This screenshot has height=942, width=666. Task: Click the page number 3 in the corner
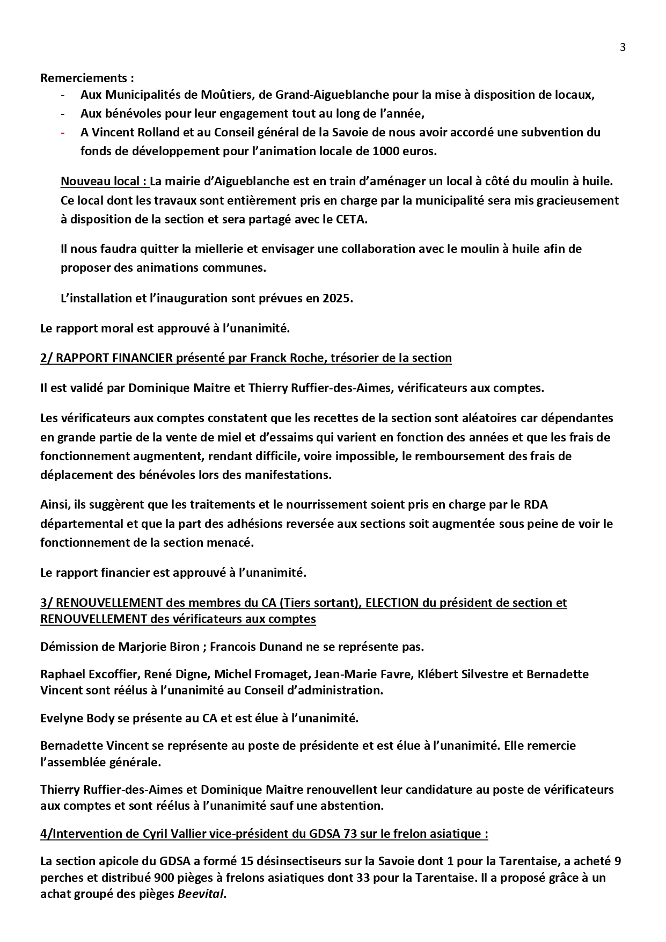click(623, 47)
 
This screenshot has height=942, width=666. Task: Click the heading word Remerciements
click(83, 78)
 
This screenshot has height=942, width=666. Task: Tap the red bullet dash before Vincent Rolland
click(63, 132)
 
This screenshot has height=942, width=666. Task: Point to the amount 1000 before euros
click(385, 151)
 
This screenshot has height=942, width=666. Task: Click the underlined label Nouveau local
click(104, 182)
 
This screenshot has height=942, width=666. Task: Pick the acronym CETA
click(352, 220)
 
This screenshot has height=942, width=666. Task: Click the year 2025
click(337, 299)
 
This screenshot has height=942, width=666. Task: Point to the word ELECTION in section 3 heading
click(392, 603)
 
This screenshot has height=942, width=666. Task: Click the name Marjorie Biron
click(157, 647)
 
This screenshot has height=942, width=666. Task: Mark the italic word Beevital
click(200, 895)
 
